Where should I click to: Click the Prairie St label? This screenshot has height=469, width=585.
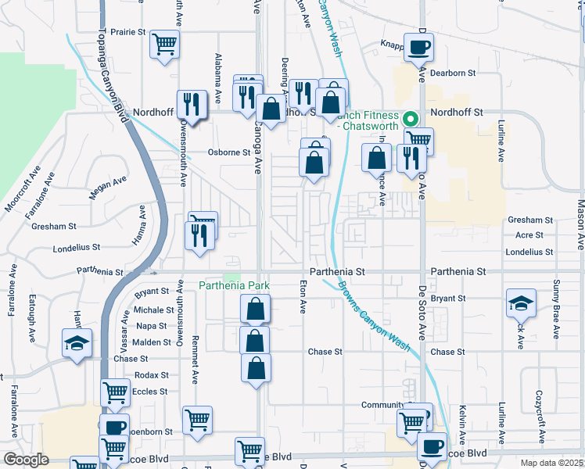pos(129,33)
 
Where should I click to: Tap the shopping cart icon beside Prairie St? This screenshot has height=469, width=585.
pos(165,44)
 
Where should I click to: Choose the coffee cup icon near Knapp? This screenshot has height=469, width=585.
pos(418,47)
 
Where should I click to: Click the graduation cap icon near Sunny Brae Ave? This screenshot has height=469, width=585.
pos(521,303)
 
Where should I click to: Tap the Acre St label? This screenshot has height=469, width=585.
pos(529,235)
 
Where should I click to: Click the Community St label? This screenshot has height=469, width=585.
pos(386,405)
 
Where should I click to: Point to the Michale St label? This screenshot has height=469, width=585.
pos(149,310)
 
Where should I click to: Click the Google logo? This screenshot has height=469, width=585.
pos(27,460)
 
